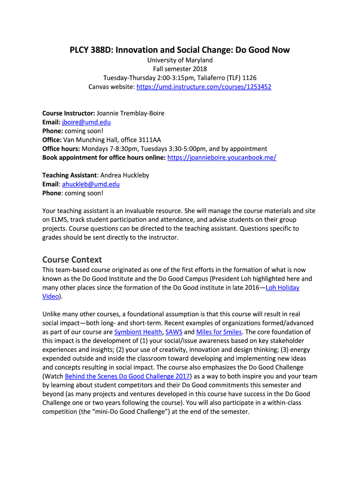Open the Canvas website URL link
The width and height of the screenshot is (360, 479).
204,87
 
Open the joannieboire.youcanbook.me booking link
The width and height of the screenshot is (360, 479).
222,157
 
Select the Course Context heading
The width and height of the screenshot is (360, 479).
72,259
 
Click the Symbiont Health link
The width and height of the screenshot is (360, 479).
136,332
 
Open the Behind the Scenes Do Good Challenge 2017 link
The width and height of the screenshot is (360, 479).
127,376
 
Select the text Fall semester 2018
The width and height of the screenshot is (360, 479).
180,69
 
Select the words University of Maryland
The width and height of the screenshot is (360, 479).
180,60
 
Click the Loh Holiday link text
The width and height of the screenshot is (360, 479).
282,287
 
